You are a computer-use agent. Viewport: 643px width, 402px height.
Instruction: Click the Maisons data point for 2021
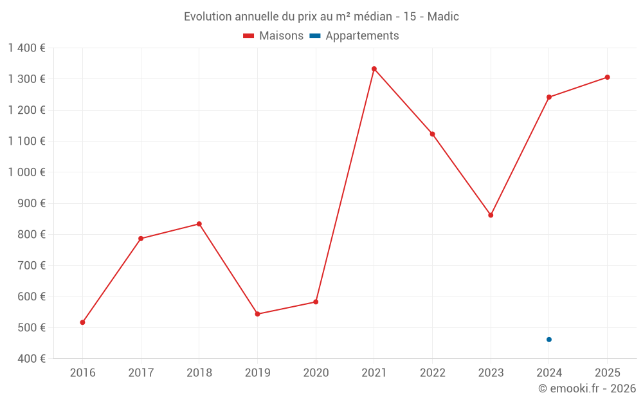(x=374, y=69)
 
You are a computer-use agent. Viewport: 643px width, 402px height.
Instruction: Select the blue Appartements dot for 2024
(x=549, y=340)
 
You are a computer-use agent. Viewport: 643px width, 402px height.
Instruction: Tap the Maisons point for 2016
(x=82, y=322)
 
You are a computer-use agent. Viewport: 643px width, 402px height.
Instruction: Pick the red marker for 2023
(x=491, y=215)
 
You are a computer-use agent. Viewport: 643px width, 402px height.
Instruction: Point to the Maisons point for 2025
(x=607, y=77)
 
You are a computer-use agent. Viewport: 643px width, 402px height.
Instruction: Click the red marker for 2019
(x=257, y=314)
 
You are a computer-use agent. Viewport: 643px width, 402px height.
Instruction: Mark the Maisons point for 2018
(x=199, y=224)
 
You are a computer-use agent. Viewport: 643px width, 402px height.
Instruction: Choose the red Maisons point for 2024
(x=549, y=97)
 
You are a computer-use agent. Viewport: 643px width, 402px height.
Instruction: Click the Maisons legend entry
(x=273, y=36)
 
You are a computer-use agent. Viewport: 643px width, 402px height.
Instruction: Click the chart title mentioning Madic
(x=321, y=17)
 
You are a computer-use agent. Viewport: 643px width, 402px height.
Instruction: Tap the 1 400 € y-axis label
(x=26, y=48)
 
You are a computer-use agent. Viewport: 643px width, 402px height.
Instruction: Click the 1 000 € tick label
(x=26, y=172)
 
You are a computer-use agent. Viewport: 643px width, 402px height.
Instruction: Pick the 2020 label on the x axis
(x=316, y=372)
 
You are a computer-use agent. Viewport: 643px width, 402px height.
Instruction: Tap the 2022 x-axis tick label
(x=432, y=372)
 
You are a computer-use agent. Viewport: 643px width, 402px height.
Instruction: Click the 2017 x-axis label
(x=141, y=372)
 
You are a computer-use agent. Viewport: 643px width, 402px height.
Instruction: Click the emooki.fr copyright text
(x=587, y=388)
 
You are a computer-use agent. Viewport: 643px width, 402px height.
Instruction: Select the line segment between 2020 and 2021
(x=345, y=185)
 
